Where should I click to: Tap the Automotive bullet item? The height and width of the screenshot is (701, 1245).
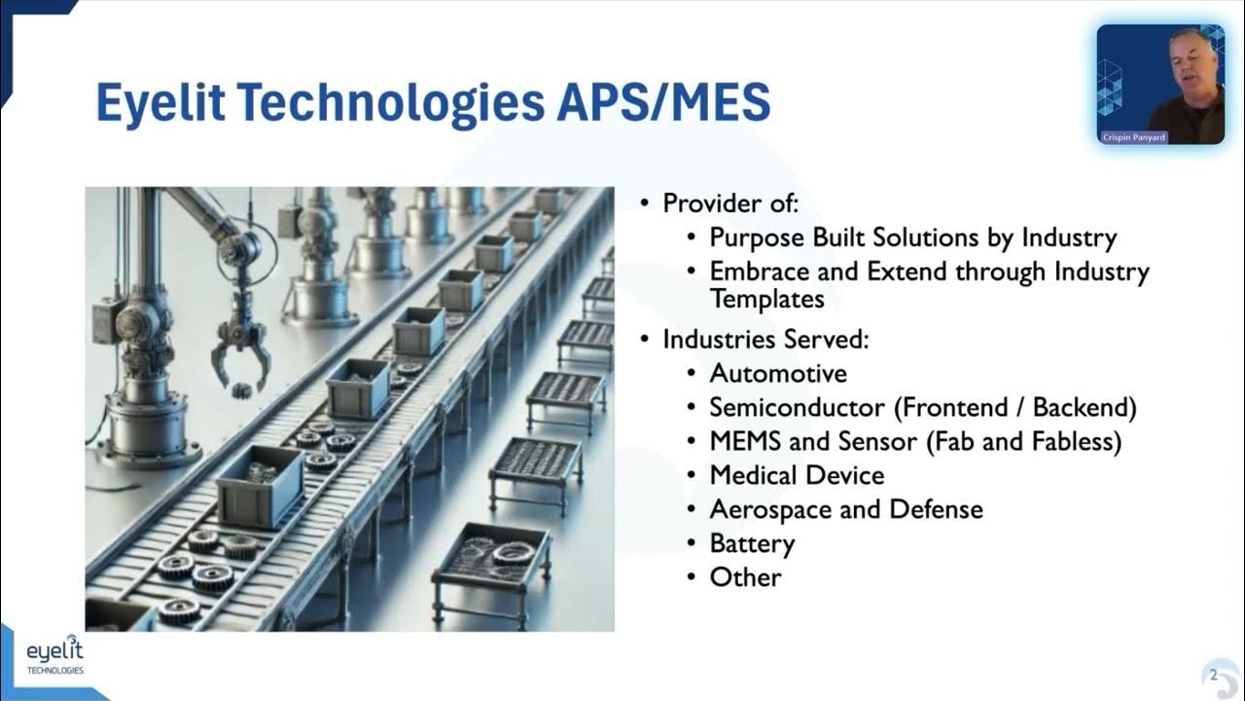point(778,374)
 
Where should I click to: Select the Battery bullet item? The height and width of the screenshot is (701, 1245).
point(752,543)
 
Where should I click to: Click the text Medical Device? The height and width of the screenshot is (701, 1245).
point(797,476)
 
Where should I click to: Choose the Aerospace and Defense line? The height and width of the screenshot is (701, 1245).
point(846,509)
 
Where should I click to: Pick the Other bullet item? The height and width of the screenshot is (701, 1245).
point(745,577)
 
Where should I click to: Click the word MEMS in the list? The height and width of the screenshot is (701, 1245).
point(745,442)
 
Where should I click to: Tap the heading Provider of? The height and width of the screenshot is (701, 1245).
point(730,203)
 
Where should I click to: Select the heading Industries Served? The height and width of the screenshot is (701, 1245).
point(765,340)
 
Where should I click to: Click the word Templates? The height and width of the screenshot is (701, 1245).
point(767,299)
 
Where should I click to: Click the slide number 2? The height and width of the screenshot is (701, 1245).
point(1213,675)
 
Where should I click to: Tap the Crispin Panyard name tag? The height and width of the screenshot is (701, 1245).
point(1133,138)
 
